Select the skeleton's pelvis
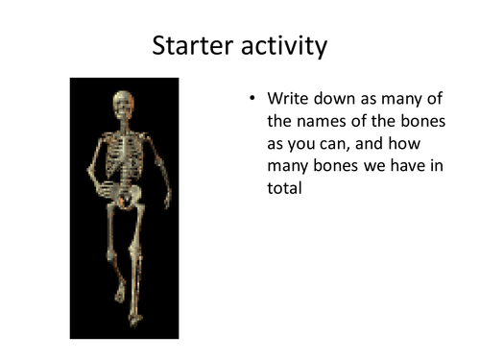125,198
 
